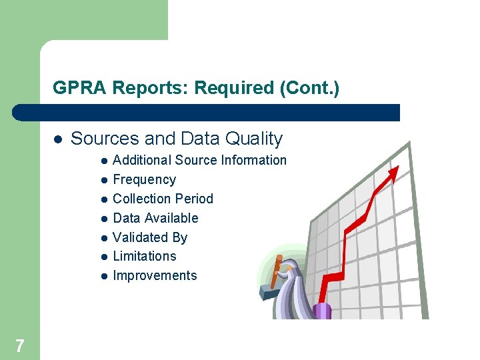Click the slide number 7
pos(19,345)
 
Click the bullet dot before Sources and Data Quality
pos(58,139)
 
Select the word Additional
pos(142,160)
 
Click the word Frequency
pos(145,179)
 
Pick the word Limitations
pos(145,256)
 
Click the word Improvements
pos(155,275)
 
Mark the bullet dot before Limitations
pos(104,257)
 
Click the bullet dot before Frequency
pos(104,180)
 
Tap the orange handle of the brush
pos(275,270)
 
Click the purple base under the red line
pos(323,311)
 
